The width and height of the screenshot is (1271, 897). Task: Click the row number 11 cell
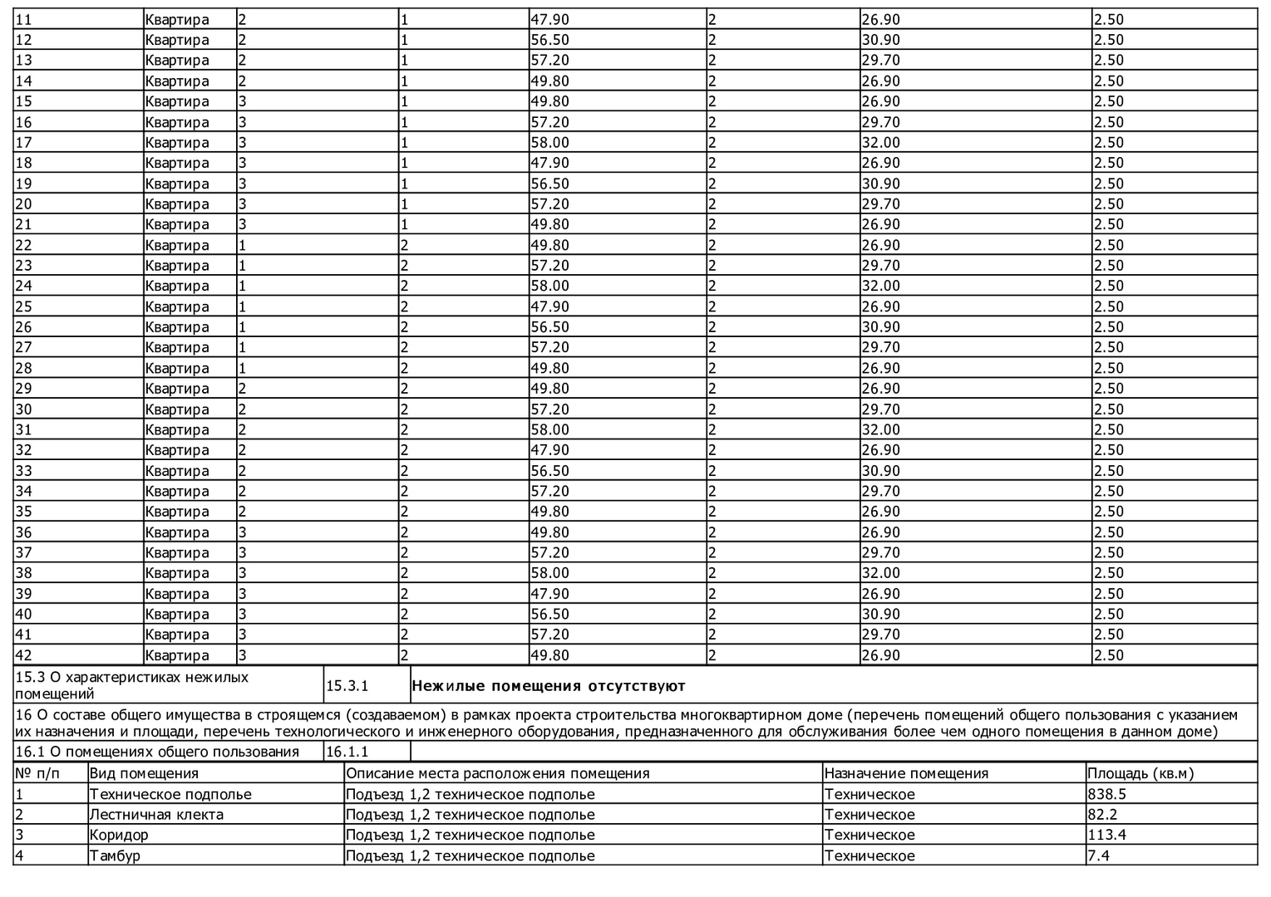click(24, 19)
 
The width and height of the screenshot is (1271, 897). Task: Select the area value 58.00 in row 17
click(550, 142)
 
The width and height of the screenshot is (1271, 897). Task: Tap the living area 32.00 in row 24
click(880, 286)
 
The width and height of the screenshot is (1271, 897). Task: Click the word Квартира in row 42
click(177, 655)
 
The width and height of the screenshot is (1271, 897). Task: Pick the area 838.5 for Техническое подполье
click(1106, 794)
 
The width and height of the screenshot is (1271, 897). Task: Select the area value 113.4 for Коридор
click(1106, 835)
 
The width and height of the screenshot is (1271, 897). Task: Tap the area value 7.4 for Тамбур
click(1099, 855)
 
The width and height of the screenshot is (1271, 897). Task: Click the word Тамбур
click(115, 855)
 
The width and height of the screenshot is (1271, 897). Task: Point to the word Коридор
click(119, 835)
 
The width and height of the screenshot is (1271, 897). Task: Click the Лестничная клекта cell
click(156, 815)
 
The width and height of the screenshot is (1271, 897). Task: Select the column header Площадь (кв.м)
click(1140, 773)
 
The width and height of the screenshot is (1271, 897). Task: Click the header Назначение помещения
click(906, 773)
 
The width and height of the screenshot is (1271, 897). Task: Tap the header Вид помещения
click(144, 773)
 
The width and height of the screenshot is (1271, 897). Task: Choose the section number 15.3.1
click(347, 686)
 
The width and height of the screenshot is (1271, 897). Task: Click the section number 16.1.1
click(347, 752)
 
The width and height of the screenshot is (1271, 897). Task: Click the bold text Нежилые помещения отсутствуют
click(549, 686)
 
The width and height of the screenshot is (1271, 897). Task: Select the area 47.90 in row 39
click(550, 594)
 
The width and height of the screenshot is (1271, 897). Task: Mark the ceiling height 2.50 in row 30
click(1109, 409)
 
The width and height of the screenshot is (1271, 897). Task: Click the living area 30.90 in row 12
click(880, 40)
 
